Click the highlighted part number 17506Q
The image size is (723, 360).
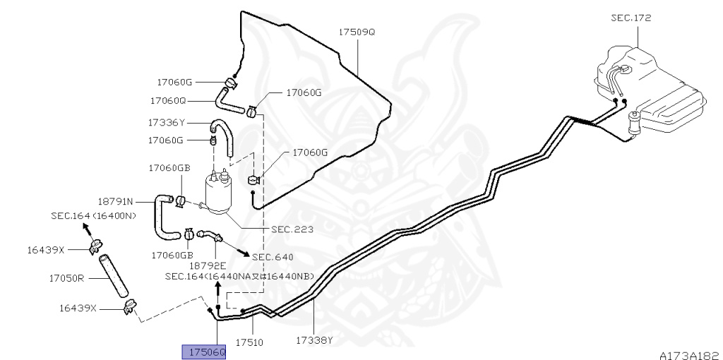pos(204,352)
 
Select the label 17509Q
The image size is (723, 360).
pos(357,32)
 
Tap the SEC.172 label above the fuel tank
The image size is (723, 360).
pos(631,17)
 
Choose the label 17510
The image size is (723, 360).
pos(249,342)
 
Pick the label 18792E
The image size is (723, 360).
pos(207,265)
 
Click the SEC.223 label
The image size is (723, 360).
pos(292,229)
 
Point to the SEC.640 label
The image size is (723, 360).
pos(272,257)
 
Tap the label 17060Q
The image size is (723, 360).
pos(168,100)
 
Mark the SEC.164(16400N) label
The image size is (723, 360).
pos(92,215)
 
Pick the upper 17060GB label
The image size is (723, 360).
pos(169,168)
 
